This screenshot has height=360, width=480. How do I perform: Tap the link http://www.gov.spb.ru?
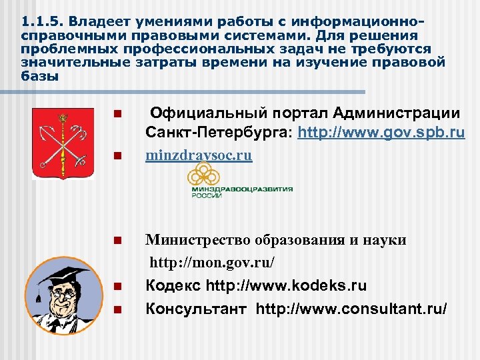381,133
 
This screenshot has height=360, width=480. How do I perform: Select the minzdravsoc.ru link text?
199,156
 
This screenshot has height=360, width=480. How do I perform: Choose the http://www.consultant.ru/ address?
352,309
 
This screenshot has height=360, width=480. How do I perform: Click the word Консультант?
197,309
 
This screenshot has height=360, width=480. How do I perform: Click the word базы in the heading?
39,76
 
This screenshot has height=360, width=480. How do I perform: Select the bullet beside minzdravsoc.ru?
117,157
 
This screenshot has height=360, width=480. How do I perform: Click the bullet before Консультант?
117,310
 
